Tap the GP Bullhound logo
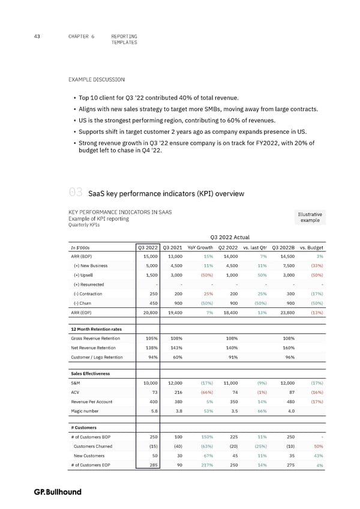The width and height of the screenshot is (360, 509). tap(58, 492)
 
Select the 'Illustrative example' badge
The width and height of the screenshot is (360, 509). tap(309, 217)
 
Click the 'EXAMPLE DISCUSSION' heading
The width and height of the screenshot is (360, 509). tap(97, 79)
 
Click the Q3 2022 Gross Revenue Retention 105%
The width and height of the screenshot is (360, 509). tap(150, 339)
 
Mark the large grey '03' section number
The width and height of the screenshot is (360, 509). tap(75, 192)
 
